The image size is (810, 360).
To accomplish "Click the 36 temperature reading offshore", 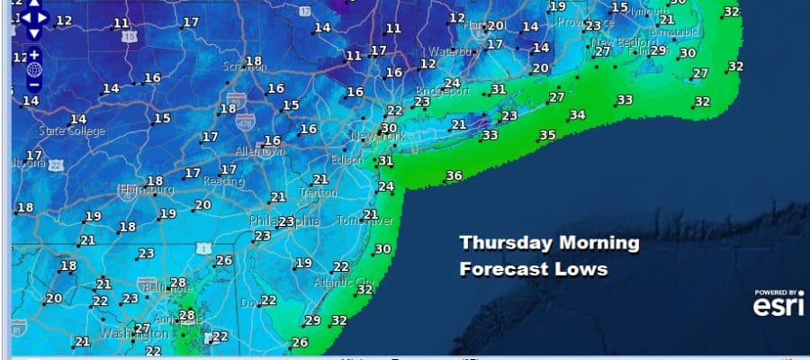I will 454,175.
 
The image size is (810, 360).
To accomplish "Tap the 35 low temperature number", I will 547,135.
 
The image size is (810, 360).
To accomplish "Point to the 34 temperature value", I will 577,115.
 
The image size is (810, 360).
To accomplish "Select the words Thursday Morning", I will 549,243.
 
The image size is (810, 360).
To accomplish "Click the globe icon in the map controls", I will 34,69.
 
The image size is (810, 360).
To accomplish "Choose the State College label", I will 71,131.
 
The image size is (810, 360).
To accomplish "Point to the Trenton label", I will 319,193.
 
